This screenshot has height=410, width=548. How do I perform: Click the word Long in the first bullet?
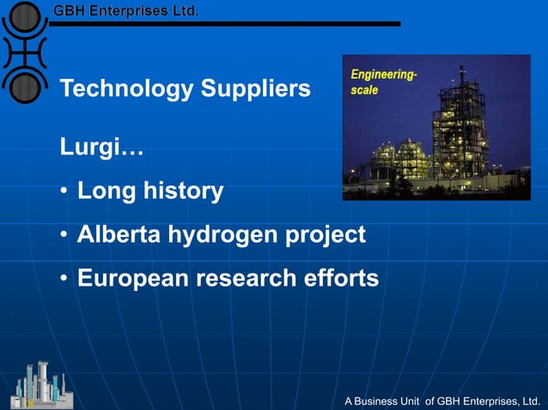[x=106, y=190]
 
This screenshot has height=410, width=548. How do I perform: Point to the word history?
[x=183, y=190]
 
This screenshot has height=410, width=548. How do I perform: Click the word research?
[x=247, y=279]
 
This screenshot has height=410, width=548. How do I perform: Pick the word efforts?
[x=343, y=279]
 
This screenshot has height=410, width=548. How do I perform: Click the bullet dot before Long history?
[x=64, y=191]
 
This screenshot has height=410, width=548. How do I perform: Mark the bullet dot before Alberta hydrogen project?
[x=64, y=235]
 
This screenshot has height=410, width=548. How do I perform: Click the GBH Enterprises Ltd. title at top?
[x=126, y=11]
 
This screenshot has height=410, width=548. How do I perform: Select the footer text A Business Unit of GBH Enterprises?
[x=441, y=401]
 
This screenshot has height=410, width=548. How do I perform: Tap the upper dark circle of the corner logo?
[x=27, y=16]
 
